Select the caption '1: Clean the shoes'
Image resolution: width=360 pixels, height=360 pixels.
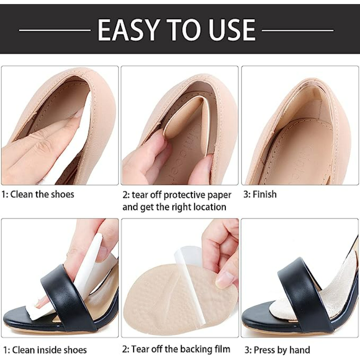[x=38, y=194]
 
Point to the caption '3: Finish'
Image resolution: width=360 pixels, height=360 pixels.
[x=260, y=194]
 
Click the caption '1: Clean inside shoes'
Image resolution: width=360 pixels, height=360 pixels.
[x=45, y=350]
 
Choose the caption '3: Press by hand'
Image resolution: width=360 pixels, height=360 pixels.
[x=277, y=350]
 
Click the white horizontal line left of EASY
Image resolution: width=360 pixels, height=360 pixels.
[x=54, y=30]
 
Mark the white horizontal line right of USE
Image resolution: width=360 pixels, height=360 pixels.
[x=297, y=30]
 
